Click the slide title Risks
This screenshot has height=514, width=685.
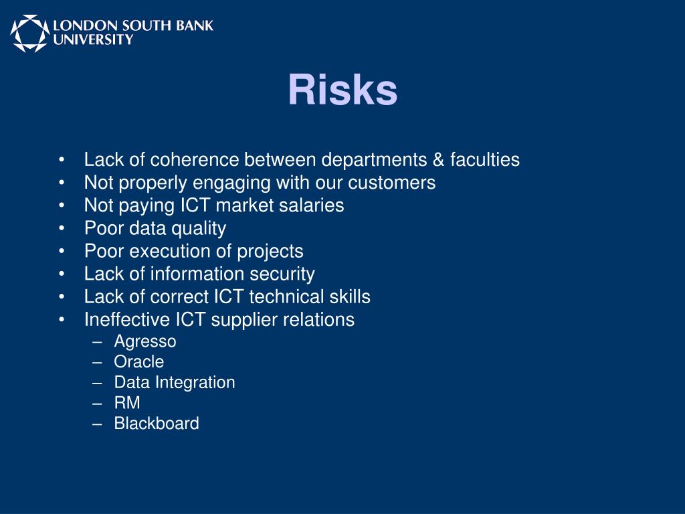[x=342, y=90]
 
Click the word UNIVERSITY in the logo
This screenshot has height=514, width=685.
[x=93, y=40]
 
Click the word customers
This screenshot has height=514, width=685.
[x=391, y=183]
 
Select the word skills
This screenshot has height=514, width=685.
[x=349, y=296]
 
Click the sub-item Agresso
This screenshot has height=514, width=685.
[x=145, y=342]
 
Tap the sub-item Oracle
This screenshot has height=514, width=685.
[x=138, y=362]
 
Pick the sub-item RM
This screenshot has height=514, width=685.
[x=127, y=403]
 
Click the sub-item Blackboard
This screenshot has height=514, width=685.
[x=157, y=424]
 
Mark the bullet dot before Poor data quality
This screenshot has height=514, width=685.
[x=62, y=229]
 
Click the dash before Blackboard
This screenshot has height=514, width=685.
[x=99, y=424]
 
